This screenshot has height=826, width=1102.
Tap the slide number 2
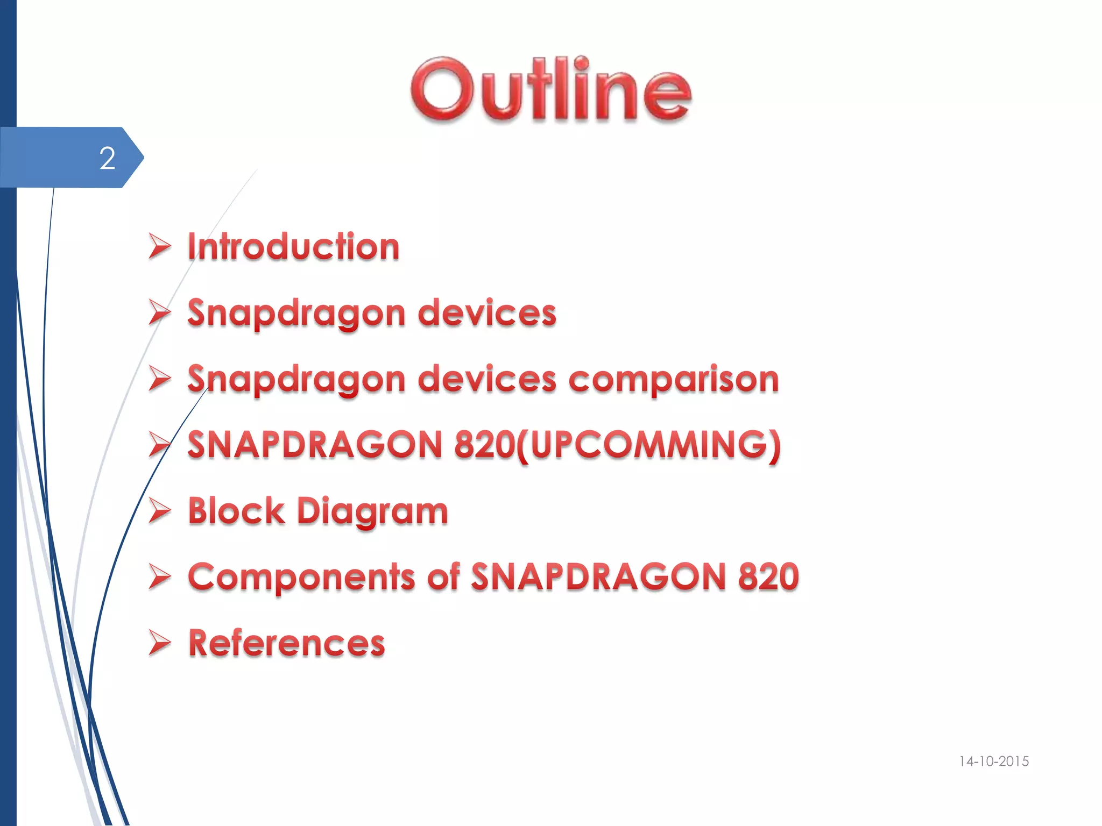tap(107, 158)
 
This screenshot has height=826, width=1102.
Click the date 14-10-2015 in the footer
tap(993, 761)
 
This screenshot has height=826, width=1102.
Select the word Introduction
tap(293, 247)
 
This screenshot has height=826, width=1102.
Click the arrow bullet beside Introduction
tap(159, 247)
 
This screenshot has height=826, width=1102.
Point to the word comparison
tap(673, 379)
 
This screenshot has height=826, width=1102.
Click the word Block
tap(236, 510)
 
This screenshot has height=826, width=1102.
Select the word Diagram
tap(372, 511)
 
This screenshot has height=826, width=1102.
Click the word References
tap(287, 643)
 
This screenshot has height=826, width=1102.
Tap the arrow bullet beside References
tap(159, 643)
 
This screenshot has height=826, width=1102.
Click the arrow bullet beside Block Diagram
tap(159, 510)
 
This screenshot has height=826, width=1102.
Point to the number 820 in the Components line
tap(768, 576)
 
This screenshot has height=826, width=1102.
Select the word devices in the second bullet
tap(487, 313)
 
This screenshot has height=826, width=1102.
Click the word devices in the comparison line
tap(487, 379)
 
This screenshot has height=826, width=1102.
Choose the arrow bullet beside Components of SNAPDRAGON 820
tap(159, 576)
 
